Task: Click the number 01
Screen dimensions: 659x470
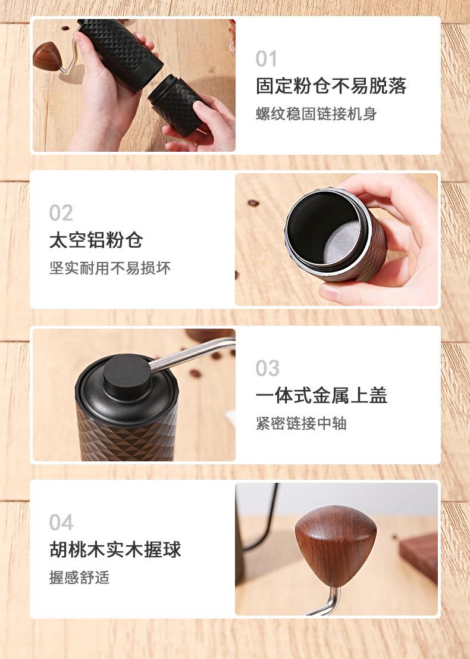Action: click(267, 59)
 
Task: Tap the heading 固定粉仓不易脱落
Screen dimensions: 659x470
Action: click(331, 86)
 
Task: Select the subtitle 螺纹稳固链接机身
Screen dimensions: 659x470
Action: click(317, 114)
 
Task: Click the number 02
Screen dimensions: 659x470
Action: click(61, 213)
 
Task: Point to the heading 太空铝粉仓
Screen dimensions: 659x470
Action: click(96, 241)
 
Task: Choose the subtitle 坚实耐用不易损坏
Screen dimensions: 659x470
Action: click(109, 268)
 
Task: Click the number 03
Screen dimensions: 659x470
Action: click(267, 368)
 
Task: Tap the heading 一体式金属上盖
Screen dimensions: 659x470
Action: click(321, 396)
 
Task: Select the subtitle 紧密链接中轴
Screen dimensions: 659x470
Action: click(301, 423)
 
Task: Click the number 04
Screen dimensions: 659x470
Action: click(61, 523)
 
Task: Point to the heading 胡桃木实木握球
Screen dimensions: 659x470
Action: click(115, 549)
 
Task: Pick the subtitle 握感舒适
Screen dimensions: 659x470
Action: click(79, 577)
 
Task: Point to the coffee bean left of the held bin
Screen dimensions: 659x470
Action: click(253, 203)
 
